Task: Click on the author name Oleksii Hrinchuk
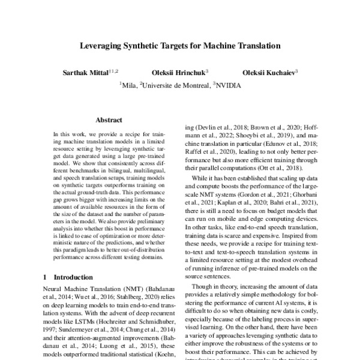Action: point(179,73)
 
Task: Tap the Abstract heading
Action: point(109,119)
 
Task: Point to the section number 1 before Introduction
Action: point(46,278)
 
